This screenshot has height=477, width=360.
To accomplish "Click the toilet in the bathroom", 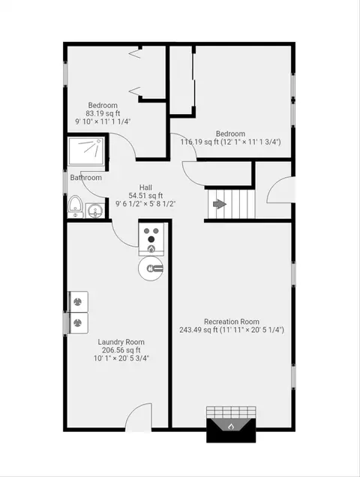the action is tap(75, 206).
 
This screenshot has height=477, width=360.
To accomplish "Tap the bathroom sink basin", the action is tap(95, 211).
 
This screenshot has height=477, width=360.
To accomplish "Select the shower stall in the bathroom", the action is tap(86, 151).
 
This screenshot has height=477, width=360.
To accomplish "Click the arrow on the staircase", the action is tap(220, 204).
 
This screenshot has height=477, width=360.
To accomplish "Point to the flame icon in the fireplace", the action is tap(231, 426).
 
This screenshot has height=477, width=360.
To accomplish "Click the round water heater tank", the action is tap(151, 268).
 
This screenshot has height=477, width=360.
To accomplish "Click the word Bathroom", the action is tap(85, 177).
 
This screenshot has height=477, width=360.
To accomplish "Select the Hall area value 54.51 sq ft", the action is tap(146, 195).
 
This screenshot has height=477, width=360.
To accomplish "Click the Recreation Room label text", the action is tap(232, 322).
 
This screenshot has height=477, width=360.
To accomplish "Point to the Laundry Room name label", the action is tap(121, 342).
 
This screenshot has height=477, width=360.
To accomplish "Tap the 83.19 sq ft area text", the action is tap(103, 113).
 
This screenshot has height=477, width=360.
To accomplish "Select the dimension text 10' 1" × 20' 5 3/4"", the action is tap(121, 358).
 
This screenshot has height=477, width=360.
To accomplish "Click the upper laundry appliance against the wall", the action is tap(78, 301).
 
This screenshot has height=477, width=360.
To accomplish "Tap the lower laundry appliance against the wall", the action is tap(78, 322).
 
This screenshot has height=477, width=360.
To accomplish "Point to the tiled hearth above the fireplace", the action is tap(231, 412).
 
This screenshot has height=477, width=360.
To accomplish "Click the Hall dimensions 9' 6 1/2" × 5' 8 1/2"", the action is tap(145, 203).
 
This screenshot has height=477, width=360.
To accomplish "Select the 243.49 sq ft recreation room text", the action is tap(199, 330).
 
